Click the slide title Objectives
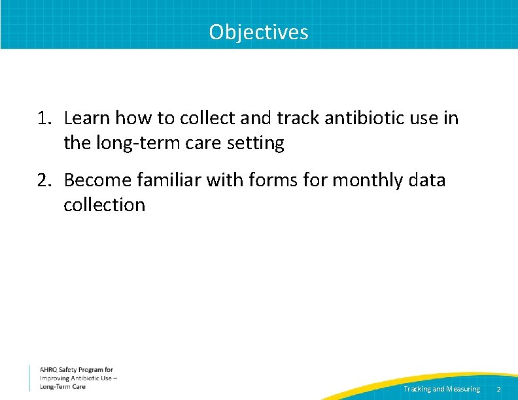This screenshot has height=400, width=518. [x=258, y=31]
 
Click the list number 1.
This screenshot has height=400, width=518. [x=43, y=119]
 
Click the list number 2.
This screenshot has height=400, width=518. [x=43, y=180]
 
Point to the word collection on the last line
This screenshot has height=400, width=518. [x=104, y=205]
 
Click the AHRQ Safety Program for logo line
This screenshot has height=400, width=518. [x=77, y=370]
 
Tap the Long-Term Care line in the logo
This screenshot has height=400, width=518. [x=63, y=387]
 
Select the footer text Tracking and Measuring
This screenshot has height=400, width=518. [x=441, y=389]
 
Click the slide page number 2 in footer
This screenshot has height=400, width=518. [x=498, y=390]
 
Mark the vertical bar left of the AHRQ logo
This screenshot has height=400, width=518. [x=29, y=378]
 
